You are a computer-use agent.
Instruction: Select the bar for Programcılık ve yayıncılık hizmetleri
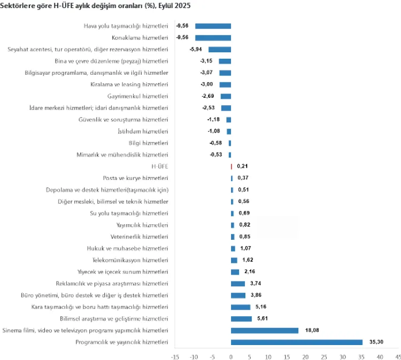pyautogui.click(x=297, y=342)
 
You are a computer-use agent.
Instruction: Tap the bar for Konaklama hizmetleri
pyautogui.click(x=213, y=38)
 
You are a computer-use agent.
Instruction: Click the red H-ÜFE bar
pyautogui.click(x=231, y=167)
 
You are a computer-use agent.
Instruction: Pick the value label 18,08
pyautogui.click(x=312, y=331)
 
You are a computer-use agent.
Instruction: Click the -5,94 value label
pyautogui.click(x=196, y=50)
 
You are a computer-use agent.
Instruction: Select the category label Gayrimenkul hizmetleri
pyautogui.click(x=138, y=96)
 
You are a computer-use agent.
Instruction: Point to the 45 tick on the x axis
pyautogui.click(x=397, y=356)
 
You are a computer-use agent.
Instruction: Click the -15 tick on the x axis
pyautogui.click(x=175, y=356)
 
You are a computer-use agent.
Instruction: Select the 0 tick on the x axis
pyautogui.click(x=231, y=356)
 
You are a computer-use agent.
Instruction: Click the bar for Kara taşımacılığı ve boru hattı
pyautogui.click(x=241, y=307)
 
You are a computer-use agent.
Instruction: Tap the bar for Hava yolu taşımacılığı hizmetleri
pyautogui.click(x=213, y=26)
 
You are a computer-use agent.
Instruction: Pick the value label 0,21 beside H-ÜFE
pyautogui.click(x=243, y=167)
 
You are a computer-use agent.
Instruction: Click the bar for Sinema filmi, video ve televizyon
pyautogui.click(x=265, y=331)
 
